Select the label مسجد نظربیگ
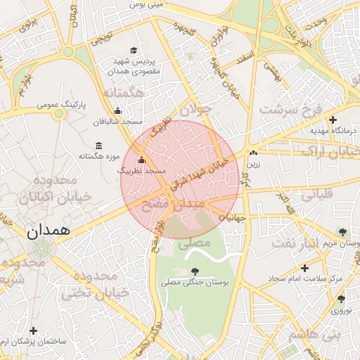click(x=141, y=170)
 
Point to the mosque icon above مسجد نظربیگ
click(x=141, y=160)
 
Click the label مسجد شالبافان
click(x=117, y=121)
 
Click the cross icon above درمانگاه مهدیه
click(x=333, y=120)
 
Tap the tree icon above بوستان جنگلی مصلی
click(x=195, y=271)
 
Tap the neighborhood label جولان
click(x=195, y=110)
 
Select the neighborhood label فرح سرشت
click(x=289, y=109)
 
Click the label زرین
click(x=252, y=163)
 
